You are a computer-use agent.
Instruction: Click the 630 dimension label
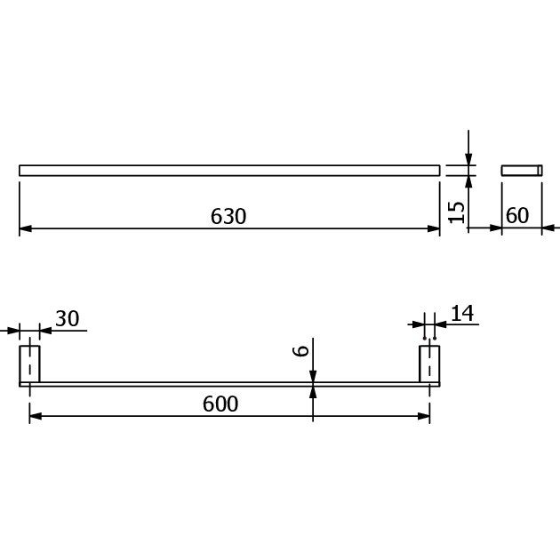pos(228,216)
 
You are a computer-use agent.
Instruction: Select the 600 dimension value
pos(220,404)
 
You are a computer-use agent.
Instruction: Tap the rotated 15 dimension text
pos(456,212)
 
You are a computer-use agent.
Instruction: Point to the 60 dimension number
pos(517,215)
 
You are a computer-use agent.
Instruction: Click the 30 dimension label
pos(68,318)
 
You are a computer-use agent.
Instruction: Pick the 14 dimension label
pos(462,313)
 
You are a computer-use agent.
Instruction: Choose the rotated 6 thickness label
pos(300,351)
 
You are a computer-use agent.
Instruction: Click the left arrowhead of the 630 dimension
pos(26,228)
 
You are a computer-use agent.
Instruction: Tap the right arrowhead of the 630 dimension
pos(434,228)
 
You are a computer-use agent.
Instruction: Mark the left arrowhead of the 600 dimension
pos(36,416)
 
